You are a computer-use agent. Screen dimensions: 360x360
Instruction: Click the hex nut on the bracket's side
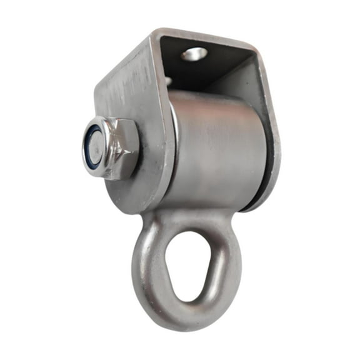[111, 149]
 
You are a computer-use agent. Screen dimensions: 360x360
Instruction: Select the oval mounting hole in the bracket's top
[194, 54]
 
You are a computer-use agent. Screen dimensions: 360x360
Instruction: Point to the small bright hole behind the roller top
[170, 81]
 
